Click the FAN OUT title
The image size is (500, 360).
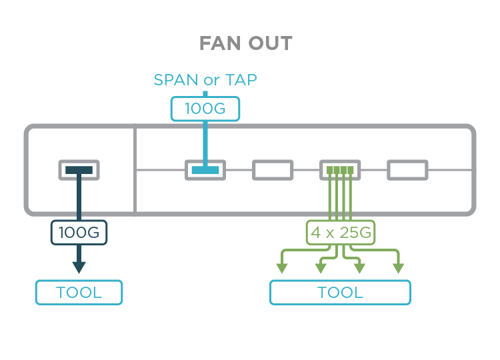click(x=245, y=44)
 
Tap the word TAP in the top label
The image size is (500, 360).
click(x=240, y=80)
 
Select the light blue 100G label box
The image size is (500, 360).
click(x=205, y=109)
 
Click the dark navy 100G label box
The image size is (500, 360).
click(x=79, y=233)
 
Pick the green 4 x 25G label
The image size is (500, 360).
click(x=341, y=233)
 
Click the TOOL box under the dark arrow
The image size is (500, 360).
click(x=79, y=292)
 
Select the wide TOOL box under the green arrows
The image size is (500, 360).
click(x=340, y=292)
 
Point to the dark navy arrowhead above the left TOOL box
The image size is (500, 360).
click(x=79, y=267)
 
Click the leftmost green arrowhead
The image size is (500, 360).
click(x=282, y=268)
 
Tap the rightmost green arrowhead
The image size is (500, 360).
click(x=398, y=268)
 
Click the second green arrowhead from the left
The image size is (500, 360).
click(x=321, y=268)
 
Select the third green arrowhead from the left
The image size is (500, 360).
click(x=359, y=268)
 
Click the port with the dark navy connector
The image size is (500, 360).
click(x=79, y=170)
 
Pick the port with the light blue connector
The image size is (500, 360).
click(x=205, y=170)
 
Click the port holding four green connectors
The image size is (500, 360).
click(x=340, y=170)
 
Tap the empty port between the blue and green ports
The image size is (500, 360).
click(x=273, y=170)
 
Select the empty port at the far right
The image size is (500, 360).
click(x=408, y=170)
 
